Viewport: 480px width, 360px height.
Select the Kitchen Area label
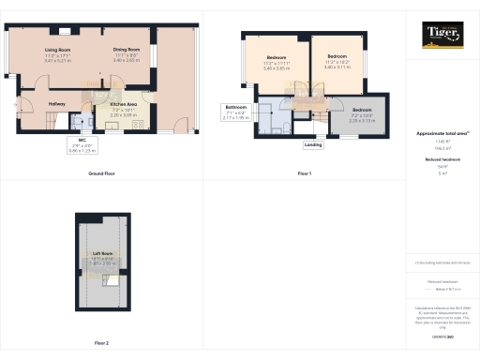(x=125, y=105)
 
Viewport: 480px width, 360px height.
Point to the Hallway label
(x=30, y=91)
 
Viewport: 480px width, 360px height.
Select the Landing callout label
(x=313, y=145)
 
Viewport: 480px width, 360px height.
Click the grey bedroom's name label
(x=362, y=111)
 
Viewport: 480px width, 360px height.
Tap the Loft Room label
(x=103, y=254)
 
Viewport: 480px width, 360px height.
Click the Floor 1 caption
(x=304, y=173)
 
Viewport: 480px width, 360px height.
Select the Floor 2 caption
(x=101, y=343)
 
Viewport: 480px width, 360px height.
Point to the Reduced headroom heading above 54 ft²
(x=442, y=160)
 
